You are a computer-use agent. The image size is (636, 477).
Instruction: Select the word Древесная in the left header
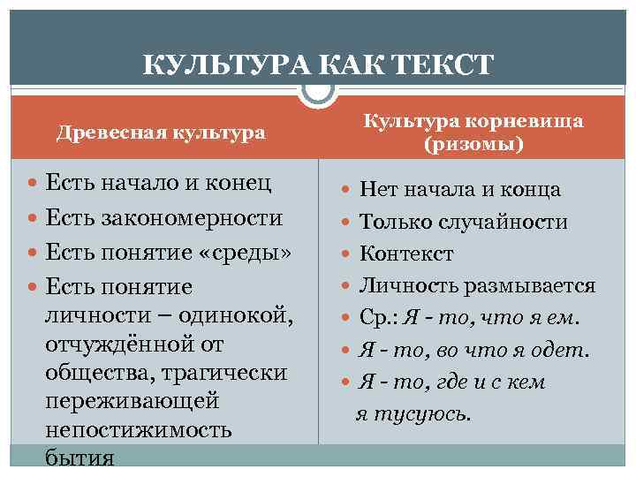(x=102, y=132)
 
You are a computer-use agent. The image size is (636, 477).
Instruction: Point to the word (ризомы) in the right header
(x=473, y=143)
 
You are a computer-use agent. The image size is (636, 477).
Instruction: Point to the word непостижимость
(x=138, y=429)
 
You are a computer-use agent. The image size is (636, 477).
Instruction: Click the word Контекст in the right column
(x=406, y=254)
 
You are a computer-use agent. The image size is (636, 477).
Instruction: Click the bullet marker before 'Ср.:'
(x=346, y=318)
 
